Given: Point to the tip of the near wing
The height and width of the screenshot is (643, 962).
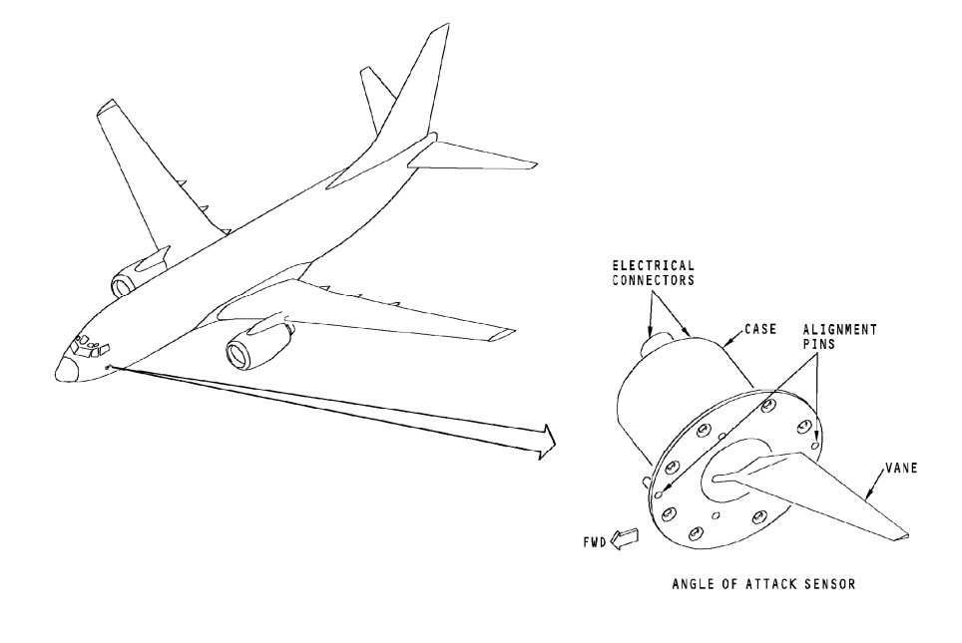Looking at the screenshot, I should tap(510, 334).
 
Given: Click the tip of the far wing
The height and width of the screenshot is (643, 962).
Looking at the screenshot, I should tap(107, 107).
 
